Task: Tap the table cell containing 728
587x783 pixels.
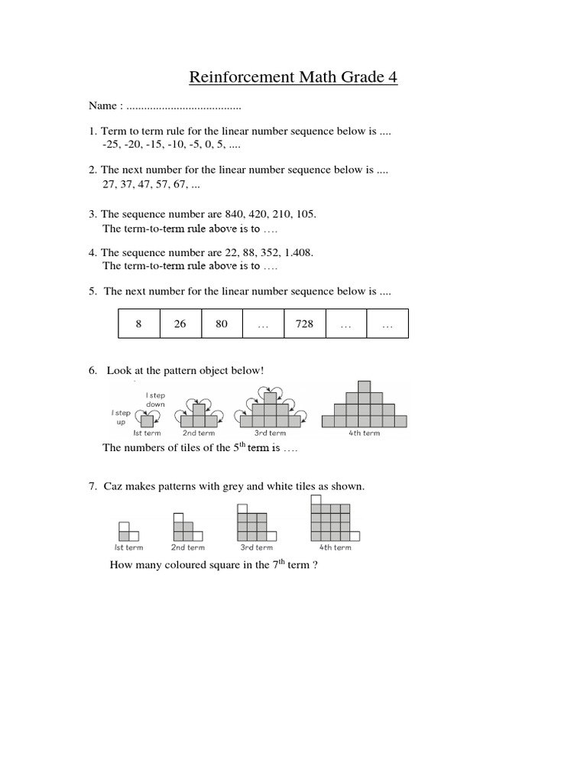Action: (304, 323)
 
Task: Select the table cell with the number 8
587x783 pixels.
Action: (139, 323)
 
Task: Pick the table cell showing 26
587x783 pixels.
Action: (180, 323)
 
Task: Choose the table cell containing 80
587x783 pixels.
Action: (222, 323)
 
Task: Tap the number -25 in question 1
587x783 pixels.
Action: (112, 145)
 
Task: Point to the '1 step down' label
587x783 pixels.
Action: (155, 400)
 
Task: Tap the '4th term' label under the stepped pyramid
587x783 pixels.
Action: (365, 434)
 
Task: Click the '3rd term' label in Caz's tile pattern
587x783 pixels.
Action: (256, 547)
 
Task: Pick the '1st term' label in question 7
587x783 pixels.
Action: (128, 547)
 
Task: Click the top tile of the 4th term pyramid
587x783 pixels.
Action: (365, 386)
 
